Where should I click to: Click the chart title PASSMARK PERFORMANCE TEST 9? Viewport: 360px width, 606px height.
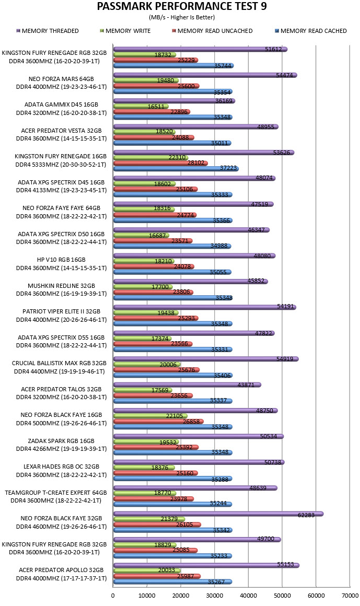pyautogui.click(x=181, y=7)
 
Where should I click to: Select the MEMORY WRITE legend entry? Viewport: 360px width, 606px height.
pyautogui.click(x=125, y=31)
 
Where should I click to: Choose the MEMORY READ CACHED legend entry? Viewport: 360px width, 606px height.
pyautogui.click(x=311, y=31)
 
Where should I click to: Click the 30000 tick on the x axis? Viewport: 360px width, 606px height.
pyautogui.click(x=214, y=596)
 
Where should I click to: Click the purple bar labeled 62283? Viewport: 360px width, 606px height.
pyautogui.click(x=218, y=514)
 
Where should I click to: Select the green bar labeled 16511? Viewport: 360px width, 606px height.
pyautogui.click(x=141, y=106)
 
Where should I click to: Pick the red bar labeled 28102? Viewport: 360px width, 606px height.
pyautogui.click(x=160, y=163)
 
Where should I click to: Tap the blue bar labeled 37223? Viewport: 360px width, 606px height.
pyautogui.click(x=176, y=169)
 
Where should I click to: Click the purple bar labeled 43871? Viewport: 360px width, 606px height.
pyautogui.click(x=187, y=384)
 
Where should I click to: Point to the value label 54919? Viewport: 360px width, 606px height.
pyautogui.click(x=285, y=359)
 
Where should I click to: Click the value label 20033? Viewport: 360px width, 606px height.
pyautogui.click(x=167, y=570)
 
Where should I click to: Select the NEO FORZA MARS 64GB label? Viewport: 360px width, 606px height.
pyautogui.click(x=61, y=79)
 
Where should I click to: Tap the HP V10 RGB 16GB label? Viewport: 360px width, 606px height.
pyautogui.click(x=61, y=260)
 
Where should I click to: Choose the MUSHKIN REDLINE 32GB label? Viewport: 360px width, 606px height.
pyautogui.click(x=61, y=286)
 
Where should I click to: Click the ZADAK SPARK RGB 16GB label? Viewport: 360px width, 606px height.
pyautogui.click(x=61, y=440)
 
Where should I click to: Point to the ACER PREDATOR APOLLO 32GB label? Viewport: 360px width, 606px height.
pyautogui.click(x=61, y=569)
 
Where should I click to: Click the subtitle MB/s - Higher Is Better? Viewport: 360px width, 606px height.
pyautogui.click(x=182, y=17)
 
